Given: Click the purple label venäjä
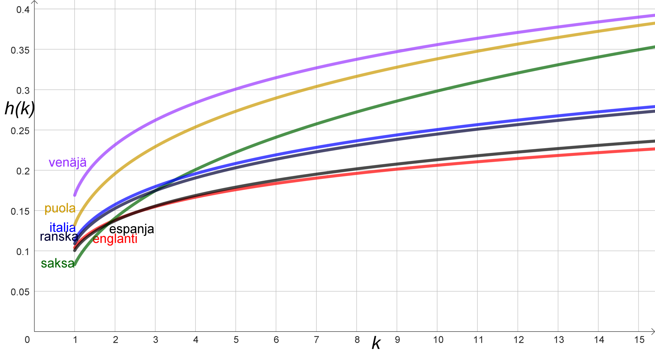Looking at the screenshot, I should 67,163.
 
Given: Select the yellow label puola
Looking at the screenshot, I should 60,208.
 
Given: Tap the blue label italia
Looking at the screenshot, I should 63,228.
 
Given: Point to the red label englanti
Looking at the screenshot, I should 115,239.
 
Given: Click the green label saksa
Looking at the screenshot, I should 58,264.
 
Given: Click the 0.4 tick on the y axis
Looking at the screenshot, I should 23,10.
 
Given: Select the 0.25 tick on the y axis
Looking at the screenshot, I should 20,131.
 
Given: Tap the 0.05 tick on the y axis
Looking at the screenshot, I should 20,292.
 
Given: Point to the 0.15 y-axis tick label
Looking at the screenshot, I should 20,211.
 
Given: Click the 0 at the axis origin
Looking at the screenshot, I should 28,340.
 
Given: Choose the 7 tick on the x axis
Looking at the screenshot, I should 316,340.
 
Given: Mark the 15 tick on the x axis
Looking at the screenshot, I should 639,340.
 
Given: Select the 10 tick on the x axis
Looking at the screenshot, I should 438,340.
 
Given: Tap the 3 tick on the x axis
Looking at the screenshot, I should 155,340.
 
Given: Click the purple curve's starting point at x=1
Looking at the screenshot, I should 75,195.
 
